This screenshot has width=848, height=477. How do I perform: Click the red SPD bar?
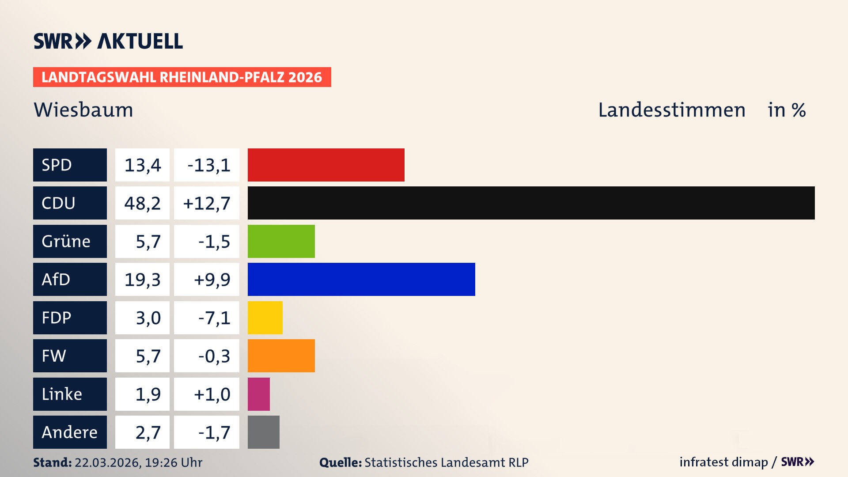pos(326,165)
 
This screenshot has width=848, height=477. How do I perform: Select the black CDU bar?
pos(531,203)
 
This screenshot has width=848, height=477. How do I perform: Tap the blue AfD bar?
pos(361,279)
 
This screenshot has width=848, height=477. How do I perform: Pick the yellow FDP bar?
pos(265,318)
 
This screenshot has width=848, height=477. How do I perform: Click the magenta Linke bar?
pos(259,394)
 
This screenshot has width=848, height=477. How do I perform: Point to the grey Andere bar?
pos(264,432)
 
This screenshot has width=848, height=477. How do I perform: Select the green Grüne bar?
pos(281,241)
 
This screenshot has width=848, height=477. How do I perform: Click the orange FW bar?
pos(281,356)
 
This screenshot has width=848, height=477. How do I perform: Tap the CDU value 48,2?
pos(142,203)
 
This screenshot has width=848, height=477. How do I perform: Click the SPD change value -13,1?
pos(208,165)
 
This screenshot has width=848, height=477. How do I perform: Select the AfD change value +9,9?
pos(212,280)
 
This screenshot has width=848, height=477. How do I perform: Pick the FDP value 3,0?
pos(148,318)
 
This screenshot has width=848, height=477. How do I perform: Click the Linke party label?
pos(62,394)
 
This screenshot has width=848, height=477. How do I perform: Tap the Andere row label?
pos(69,432)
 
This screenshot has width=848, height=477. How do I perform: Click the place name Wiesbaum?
pos(83,110)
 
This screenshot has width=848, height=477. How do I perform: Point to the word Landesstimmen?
pos(672,110)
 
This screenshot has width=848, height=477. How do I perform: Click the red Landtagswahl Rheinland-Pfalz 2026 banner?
pos(182,77)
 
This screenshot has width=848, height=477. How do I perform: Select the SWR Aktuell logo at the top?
pos(108,41)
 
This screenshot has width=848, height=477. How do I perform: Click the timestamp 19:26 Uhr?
pos(173,462)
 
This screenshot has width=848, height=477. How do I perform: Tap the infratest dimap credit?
pos(723,462)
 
